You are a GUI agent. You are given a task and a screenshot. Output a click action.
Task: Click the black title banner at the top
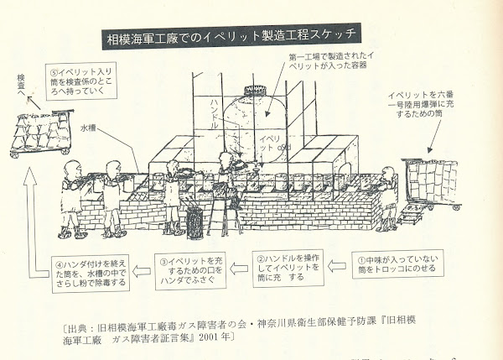click(234, 39)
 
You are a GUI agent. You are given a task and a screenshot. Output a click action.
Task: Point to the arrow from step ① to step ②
click(334, 267)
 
